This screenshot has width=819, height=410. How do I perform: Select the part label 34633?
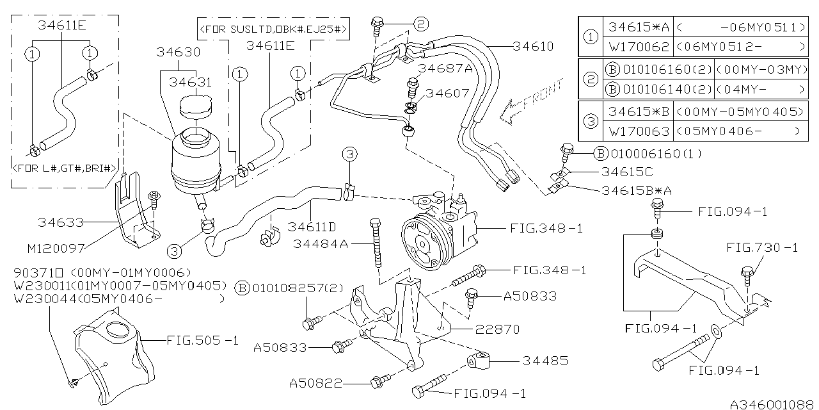pos(60,222)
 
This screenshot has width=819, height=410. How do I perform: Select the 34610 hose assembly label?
pos(533,46)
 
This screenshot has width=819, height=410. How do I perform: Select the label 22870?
pos(497,329)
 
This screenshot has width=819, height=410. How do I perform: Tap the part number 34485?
pos(545,361)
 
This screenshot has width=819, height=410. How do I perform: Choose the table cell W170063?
pos(638,131)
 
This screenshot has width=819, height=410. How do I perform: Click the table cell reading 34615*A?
pos(638,27)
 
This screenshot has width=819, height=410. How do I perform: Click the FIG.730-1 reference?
pos(762,247)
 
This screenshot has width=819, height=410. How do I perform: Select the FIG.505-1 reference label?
pos(202,340)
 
